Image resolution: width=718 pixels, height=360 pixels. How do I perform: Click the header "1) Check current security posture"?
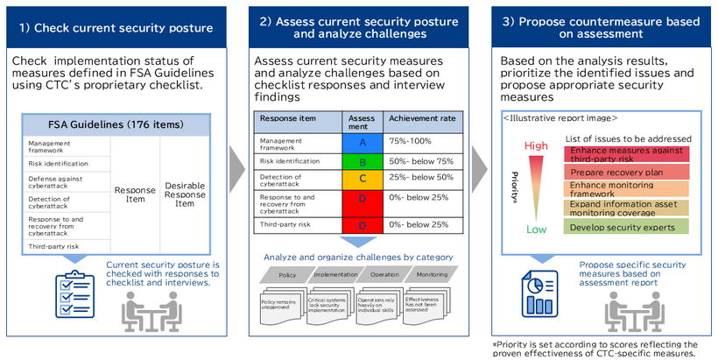pos(116,27)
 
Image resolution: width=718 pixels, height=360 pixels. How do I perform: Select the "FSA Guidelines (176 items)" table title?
pos(116,124)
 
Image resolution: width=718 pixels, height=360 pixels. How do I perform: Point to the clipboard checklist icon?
pos(75,297)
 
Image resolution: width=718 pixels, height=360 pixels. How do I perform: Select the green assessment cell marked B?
pos(362,162)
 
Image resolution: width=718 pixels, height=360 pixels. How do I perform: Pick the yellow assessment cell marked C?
pos(362,180)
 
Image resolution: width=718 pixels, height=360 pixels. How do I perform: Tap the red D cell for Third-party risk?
pos(362,225)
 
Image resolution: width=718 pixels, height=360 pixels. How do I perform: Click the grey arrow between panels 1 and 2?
pos(237,163)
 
